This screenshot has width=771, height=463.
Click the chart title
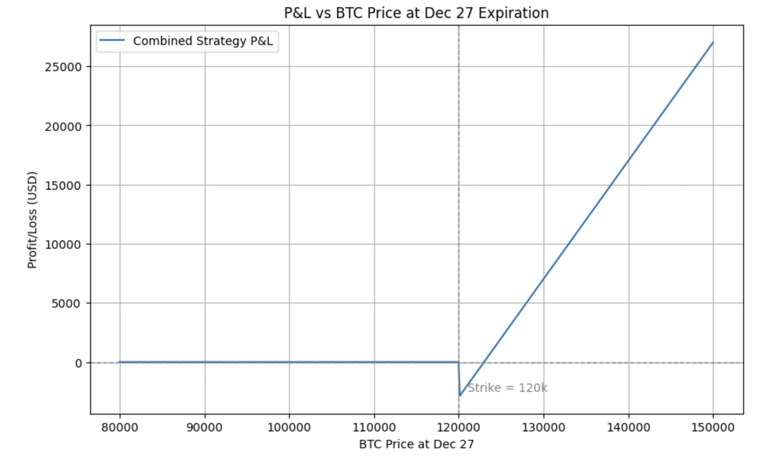click(416, 13)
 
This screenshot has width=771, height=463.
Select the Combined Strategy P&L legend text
click(203, 41)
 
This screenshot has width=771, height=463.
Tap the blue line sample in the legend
click(112, 40)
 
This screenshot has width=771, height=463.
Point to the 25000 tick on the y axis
click(63, 67)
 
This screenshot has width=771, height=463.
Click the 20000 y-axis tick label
click(63, 126)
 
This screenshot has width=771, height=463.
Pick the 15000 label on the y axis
click(63, 186)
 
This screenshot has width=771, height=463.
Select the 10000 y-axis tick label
click(63, 245)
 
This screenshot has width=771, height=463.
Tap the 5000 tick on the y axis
click(66, 303)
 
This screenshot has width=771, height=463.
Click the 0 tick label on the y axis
click(79, 363)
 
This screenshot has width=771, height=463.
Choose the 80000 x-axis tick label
click(120, 428)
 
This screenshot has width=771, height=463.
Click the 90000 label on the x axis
click(205, 428)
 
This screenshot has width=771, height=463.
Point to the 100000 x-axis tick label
click(289, 428)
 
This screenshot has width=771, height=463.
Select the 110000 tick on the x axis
click(374, 428)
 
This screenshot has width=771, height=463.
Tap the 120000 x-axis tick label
click(459, 428)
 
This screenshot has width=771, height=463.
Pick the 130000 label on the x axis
click(543, 428)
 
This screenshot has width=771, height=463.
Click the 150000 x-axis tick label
click(713, 428)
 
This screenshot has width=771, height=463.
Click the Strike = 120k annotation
click(507, 388)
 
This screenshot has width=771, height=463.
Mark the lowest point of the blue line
click(460, 396)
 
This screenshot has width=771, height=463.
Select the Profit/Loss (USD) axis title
click(32, 219)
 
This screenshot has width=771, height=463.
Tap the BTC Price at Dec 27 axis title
click(416, 444)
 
